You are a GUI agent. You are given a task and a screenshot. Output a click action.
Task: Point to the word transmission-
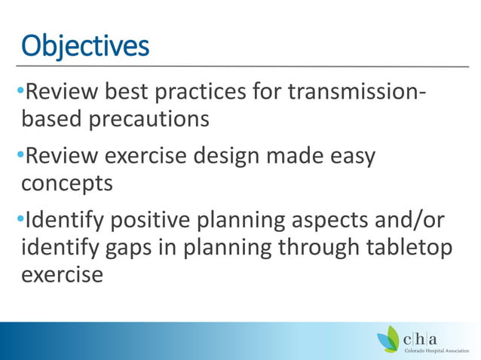tap(364, 95)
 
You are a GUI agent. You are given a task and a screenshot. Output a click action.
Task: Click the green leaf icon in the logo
tap(390, 339)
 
